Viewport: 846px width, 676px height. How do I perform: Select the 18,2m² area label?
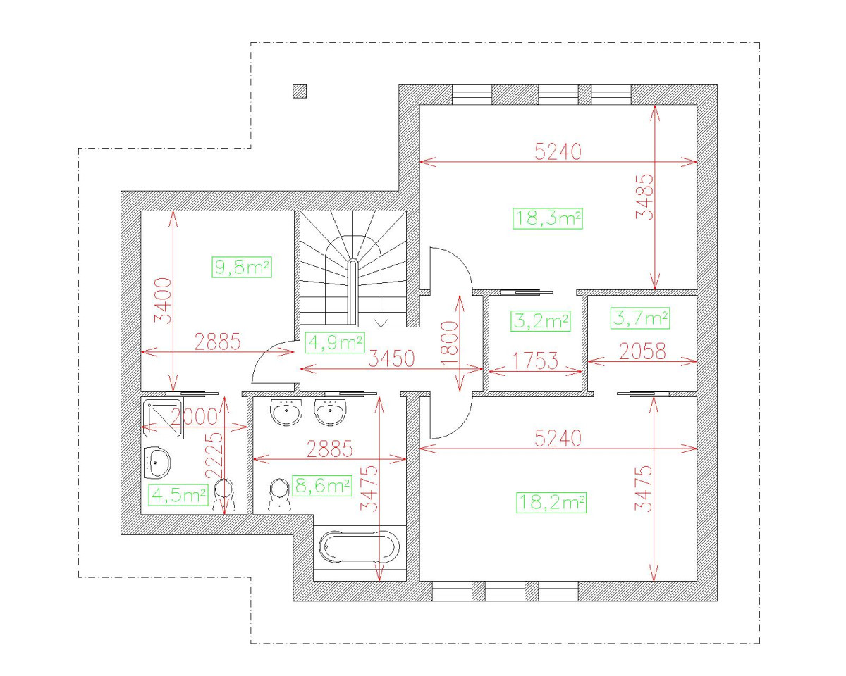point(552,503)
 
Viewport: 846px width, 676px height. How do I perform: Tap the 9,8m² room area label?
point(242,268)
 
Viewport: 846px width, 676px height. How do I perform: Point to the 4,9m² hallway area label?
point(335,343)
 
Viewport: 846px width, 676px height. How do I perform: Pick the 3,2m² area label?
point(540,321)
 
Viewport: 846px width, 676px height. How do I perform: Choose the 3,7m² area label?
point(639,318)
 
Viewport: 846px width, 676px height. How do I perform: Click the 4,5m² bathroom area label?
point(178,494)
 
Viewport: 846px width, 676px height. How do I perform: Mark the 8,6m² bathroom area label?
point(321,486)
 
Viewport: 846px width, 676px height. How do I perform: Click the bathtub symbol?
point(360,547)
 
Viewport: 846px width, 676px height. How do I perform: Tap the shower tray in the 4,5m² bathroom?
point(162,418)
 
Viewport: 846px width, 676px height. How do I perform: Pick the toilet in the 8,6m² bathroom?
point(280,494)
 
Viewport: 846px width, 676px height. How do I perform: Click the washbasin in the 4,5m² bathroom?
point(157,463)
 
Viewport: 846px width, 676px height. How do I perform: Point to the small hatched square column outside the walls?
point(300,91)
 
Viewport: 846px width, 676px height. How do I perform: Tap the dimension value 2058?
point(642,351)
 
